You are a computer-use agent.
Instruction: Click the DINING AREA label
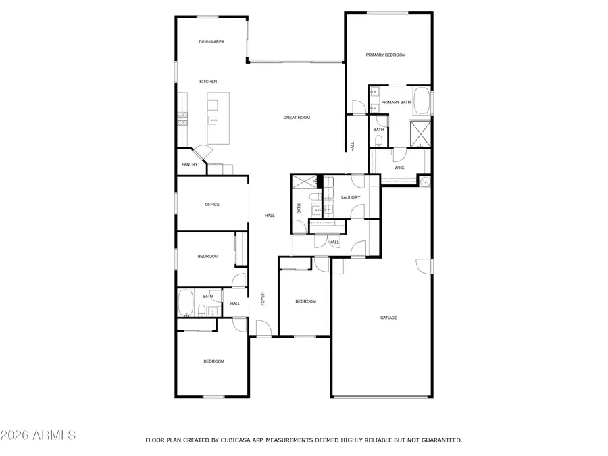pos(211,42)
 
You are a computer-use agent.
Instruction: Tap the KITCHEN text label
pos(208,82)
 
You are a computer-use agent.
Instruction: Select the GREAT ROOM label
pos(297,118)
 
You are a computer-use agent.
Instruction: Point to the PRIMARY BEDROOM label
pos(386,55)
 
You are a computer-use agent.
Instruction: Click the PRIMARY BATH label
pos(396,102)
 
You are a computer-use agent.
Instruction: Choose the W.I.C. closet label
pos(399,167)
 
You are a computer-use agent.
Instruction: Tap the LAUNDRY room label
pos(351,197)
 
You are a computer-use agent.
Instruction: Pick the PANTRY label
pos(190,164)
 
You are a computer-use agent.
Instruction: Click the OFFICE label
pos(212,204)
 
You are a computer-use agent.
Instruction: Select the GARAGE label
pos(388,317)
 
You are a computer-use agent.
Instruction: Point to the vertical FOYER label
pos(263,299)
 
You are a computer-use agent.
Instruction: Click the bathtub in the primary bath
pos(421,101)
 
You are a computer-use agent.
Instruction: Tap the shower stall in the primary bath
pos(421,132)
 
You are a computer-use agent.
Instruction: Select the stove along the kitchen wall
pos(182,119)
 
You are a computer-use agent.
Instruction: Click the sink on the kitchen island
pos(213,120)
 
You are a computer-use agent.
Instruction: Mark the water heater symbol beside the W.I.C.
pos(425,181)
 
